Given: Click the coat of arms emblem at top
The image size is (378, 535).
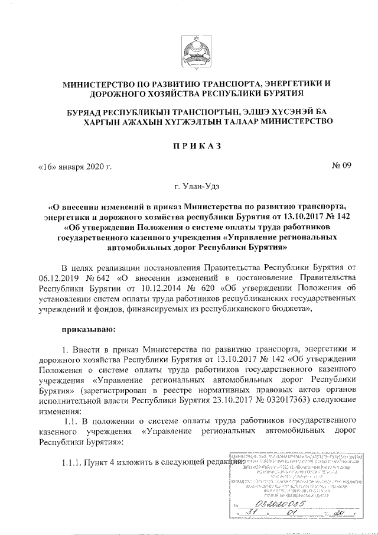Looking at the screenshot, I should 189,48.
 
